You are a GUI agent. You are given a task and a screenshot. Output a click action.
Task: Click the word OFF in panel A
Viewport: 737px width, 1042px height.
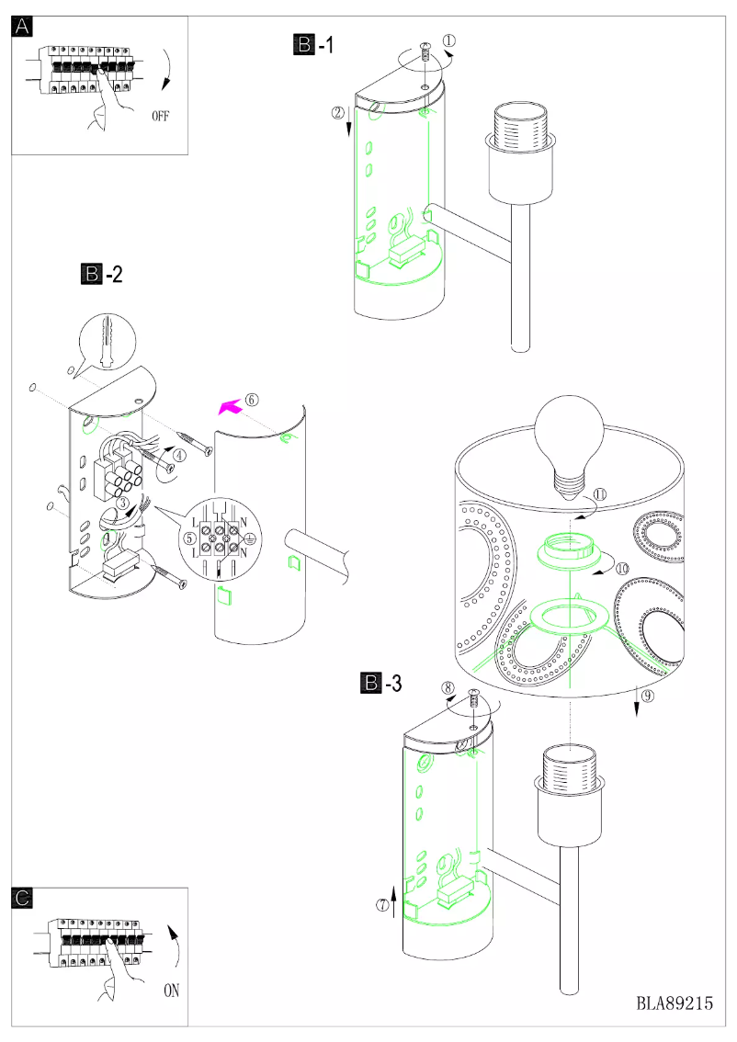(161, 117)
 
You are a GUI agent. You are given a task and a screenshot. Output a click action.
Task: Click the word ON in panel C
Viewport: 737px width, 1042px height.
(172, 991)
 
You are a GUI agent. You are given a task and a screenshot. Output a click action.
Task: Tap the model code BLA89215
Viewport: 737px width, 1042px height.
(675, 1003)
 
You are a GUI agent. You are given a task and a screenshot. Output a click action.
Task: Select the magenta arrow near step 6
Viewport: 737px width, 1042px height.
(227, 405)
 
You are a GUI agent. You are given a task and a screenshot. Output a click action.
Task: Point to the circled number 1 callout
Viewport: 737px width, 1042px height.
(448, 41)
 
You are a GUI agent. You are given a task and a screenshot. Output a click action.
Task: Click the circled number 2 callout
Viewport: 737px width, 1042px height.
(338, 113)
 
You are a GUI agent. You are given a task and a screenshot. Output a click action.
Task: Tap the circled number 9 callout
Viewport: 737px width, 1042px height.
(647, 696)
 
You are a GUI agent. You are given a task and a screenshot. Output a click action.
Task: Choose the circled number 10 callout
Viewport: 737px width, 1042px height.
(622, 569)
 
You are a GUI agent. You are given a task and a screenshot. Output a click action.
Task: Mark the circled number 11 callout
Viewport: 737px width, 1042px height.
(599, 493)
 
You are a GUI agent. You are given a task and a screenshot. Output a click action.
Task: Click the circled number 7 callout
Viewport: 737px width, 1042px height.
(382, 903)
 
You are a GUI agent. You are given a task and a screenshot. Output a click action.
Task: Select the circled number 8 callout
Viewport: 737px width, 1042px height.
(448, 686)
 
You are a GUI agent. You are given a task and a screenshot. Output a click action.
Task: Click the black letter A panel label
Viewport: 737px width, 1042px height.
(24, 27)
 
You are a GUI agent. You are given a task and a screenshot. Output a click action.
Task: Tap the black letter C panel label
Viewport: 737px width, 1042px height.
(24, 898)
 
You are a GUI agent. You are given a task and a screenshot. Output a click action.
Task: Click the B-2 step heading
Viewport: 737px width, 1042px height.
(102, 274)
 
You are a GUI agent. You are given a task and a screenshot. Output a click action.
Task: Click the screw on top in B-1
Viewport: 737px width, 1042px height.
(425, 51)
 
